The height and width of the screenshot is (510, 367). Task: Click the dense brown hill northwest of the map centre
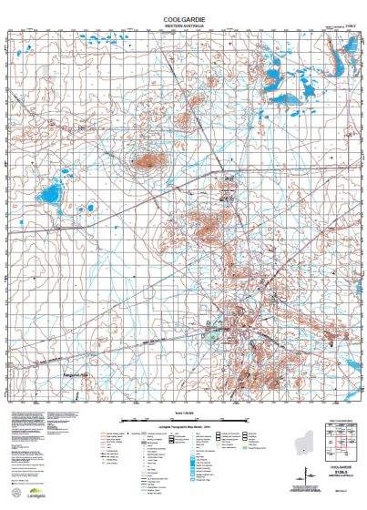(x=145, y=163)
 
